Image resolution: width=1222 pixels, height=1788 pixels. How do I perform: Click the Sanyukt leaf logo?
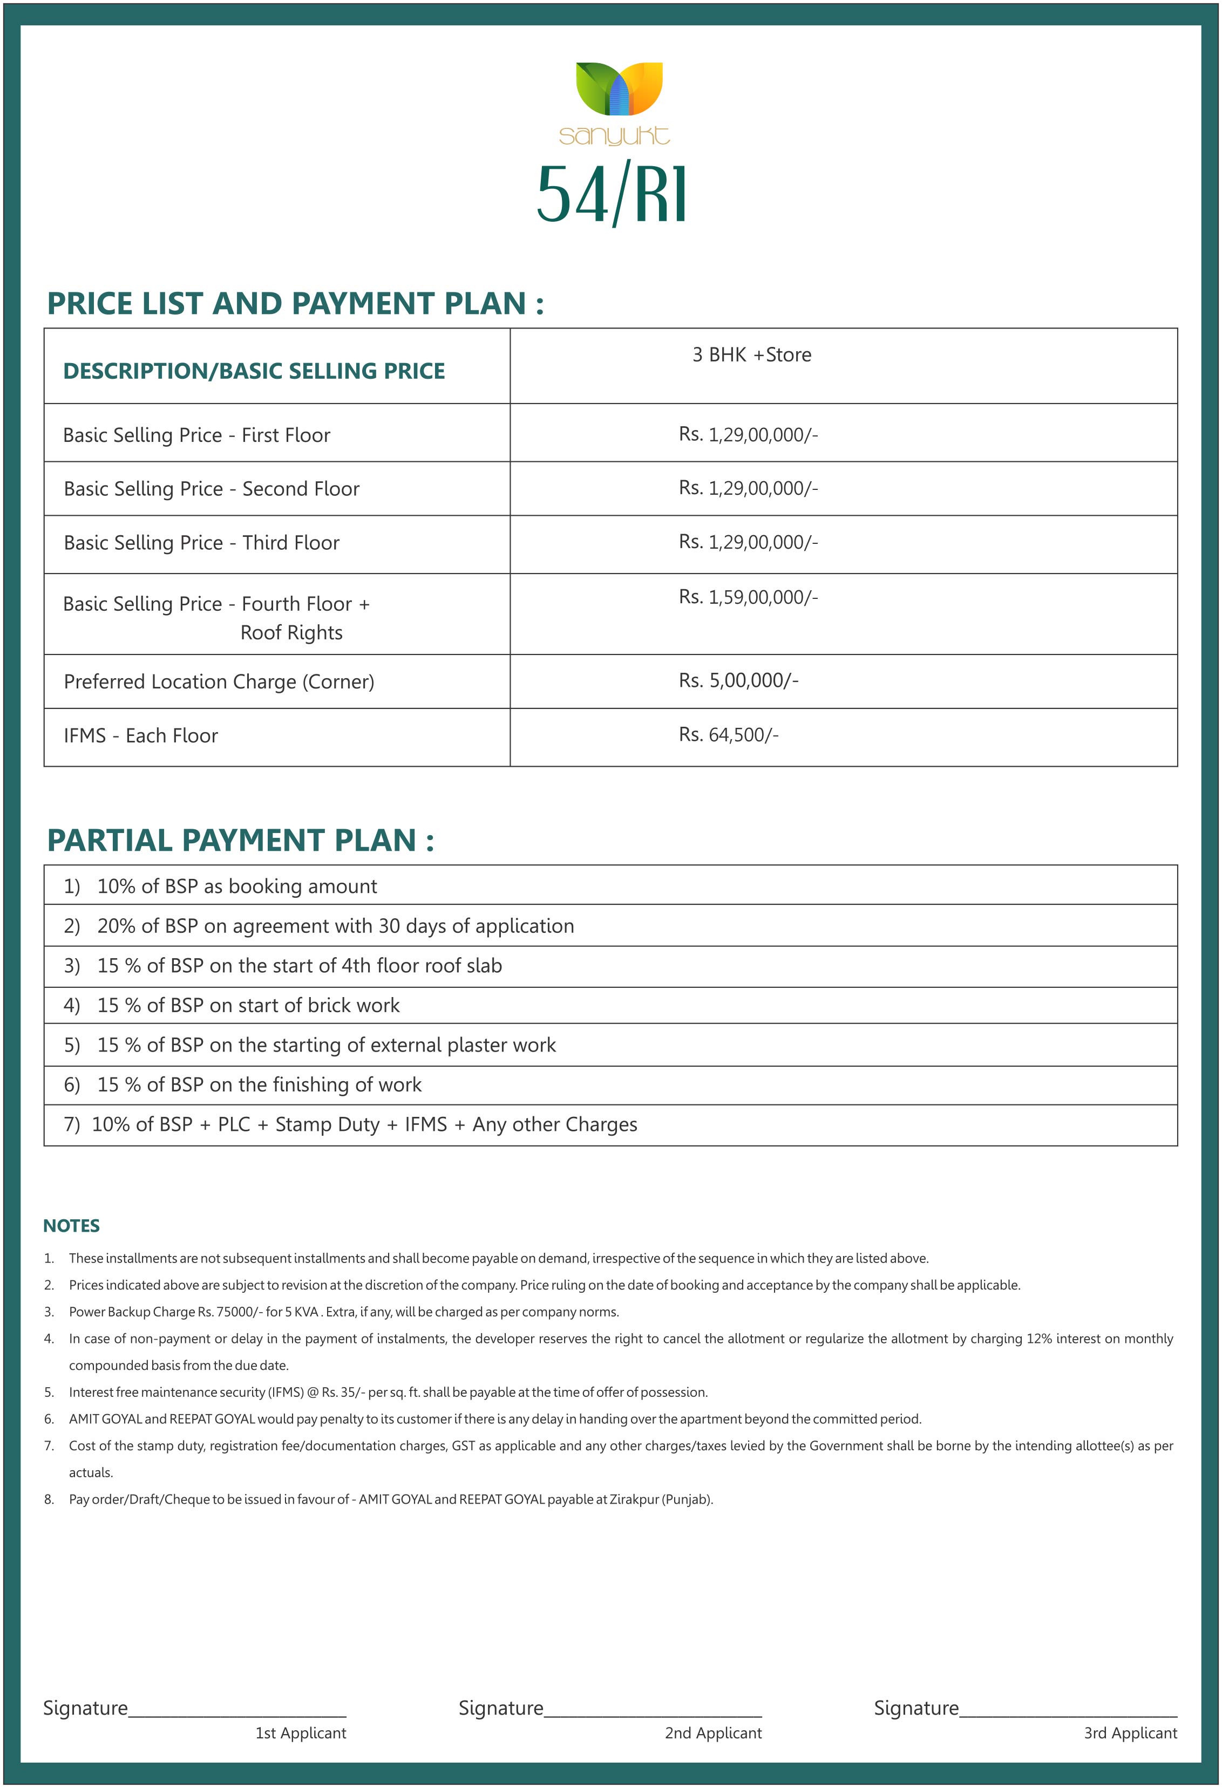coord(619,89)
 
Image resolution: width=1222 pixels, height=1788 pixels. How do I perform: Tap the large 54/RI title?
coord(612,195)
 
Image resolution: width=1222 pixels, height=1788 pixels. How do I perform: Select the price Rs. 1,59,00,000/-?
coord(748,597)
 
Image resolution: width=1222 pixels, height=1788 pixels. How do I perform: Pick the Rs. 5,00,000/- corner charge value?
coord(738,681)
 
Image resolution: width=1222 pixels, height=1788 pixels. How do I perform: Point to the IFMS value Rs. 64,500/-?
coord(728,735)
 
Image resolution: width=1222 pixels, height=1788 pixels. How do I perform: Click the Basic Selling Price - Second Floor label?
coord(212,489)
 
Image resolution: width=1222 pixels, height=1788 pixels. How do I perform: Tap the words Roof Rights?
coord(291,632)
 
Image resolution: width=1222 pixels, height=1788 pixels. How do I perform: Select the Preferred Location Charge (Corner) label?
coord(219,681)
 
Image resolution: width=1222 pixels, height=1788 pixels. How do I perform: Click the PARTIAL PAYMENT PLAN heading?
coord(240,840)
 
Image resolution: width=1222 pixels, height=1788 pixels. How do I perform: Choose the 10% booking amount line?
coord(236,886)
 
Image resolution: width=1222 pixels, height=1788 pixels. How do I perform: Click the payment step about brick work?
coord(248,1006)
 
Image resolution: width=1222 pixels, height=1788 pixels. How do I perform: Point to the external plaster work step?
coord(325,1045)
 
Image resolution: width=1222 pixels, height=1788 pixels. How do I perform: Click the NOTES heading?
coord(72,1226)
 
